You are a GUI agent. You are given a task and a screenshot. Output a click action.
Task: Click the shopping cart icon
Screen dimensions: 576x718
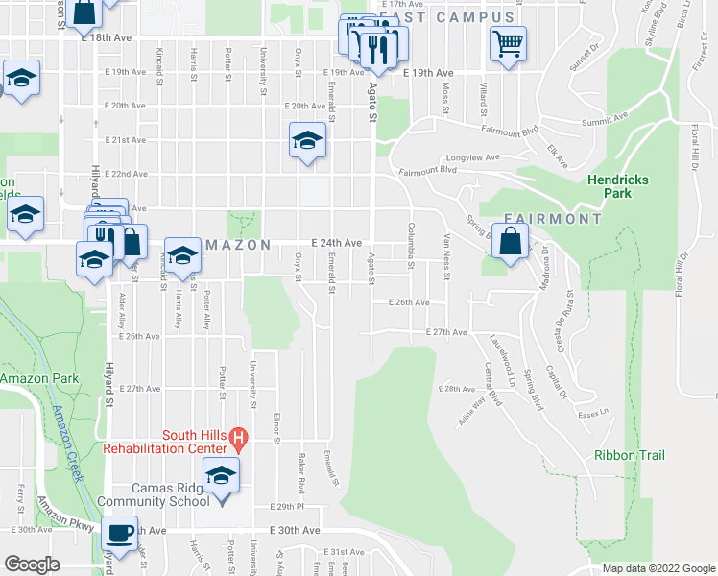tap(508, 42)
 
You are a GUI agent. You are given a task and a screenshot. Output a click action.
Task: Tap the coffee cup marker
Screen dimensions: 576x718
tap(121, 532)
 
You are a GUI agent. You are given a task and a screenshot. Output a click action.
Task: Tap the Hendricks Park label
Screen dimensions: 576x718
tap(618, 186)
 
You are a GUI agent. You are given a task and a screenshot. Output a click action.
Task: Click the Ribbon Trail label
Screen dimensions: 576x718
tap(629, 455)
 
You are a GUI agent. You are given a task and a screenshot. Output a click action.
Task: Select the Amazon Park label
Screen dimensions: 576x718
tap(39, 379)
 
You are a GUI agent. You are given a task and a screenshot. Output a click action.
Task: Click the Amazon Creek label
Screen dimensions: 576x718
tap(68, 443)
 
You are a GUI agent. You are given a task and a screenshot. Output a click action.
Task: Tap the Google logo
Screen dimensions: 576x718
tap(32, 564)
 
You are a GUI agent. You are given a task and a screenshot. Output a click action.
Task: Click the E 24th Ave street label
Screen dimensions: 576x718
tap(335, 244)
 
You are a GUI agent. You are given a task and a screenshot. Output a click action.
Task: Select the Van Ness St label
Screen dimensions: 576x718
tap(446, 258)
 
